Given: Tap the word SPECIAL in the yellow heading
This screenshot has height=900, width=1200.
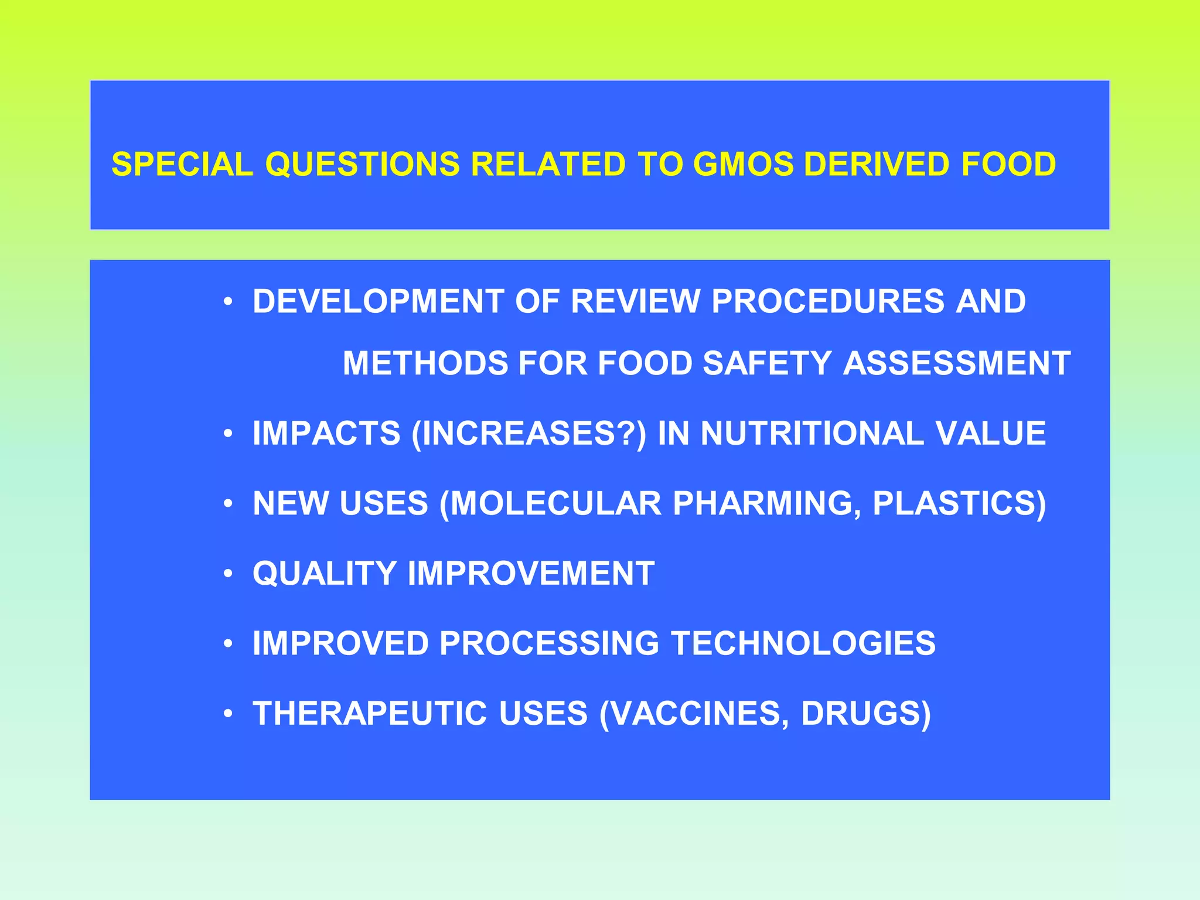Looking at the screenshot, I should click(x=182, y=164).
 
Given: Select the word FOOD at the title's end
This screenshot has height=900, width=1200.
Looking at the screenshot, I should click(x=1008, y=164).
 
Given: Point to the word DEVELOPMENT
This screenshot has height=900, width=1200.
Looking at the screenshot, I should click(x=378, y=301).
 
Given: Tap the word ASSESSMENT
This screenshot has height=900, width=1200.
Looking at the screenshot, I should click(x=957, y=363).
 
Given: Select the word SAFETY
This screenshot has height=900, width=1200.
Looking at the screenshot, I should click(x=767, y=363).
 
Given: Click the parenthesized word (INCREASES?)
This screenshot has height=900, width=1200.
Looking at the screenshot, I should click(x=529, y=434).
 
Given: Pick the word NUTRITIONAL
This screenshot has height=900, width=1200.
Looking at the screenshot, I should click(x=812, y=434).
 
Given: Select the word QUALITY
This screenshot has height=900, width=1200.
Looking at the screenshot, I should click(x=324, y=573).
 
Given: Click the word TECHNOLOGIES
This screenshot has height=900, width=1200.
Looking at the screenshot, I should click(x=803, y=643).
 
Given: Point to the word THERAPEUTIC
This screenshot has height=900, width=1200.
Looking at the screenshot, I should click(x=370, y=714).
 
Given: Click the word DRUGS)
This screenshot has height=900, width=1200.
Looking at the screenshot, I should click(x=865, y=714).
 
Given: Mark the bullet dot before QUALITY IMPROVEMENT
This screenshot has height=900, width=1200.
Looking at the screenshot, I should click(x=229, y=574).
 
